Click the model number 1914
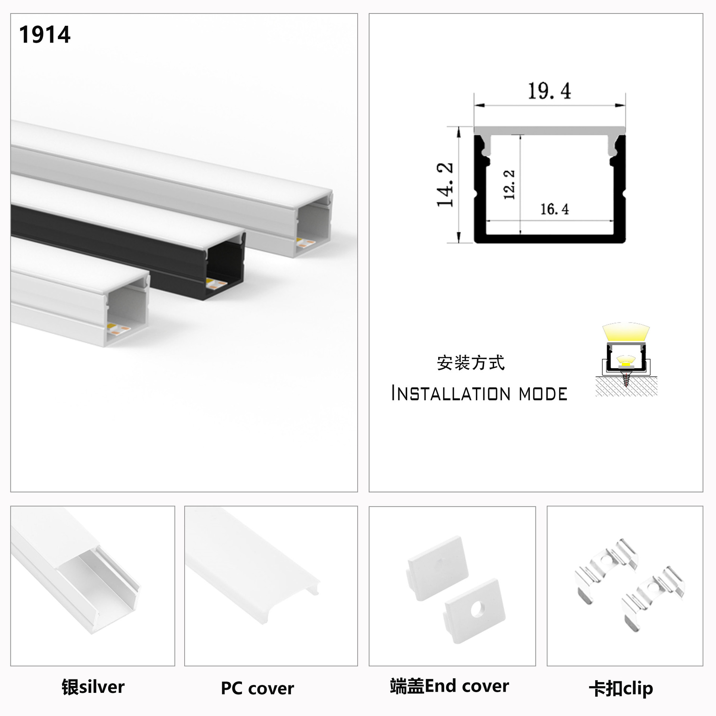coord(45,35)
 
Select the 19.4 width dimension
coord(549,91)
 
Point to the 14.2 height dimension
coord(445,185)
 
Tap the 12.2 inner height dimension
coord(509,185)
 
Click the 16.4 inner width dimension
coord(555,209)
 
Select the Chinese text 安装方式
coord(471,363)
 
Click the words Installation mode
coord(479,394)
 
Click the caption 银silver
coord(93,687)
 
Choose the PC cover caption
coord(257,688)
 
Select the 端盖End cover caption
coord(449,686)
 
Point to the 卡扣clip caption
coord(621,688)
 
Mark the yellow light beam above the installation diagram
coord(626,332)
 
